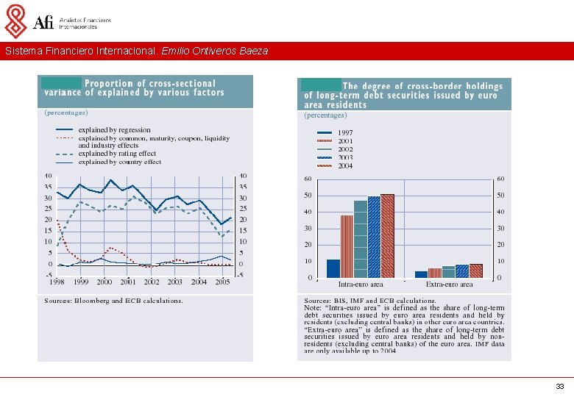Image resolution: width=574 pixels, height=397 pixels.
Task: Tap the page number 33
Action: point(560,386)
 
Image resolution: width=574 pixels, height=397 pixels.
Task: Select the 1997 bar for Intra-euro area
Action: point(333,268)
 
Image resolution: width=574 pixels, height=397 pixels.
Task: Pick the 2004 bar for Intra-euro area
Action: point(388,235)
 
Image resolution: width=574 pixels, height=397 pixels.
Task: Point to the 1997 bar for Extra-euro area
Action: point(421,274)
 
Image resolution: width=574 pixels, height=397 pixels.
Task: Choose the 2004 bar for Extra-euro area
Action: point(476,271)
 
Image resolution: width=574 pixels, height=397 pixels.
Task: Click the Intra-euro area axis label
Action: point(361,285)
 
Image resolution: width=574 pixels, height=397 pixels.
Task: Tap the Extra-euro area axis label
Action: point(449,285)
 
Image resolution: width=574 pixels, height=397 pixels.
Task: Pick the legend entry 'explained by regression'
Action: point(114,130)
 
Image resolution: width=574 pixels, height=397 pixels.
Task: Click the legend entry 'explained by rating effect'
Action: point(117,154)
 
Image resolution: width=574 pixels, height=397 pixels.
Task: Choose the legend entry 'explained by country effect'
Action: point(119,162)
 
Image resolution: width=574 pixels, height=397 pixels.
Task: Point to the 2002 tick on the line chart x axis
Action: point(152,282)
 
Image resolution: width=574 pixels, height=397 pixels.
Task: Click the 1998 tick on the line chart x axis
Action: point(57,282)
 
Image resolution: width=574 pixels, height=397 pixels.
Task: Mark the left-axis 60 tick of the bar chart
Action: point(308,179)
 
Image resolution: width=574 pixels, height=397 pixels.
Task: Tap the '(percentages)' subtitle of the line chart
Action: point(66,112)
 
